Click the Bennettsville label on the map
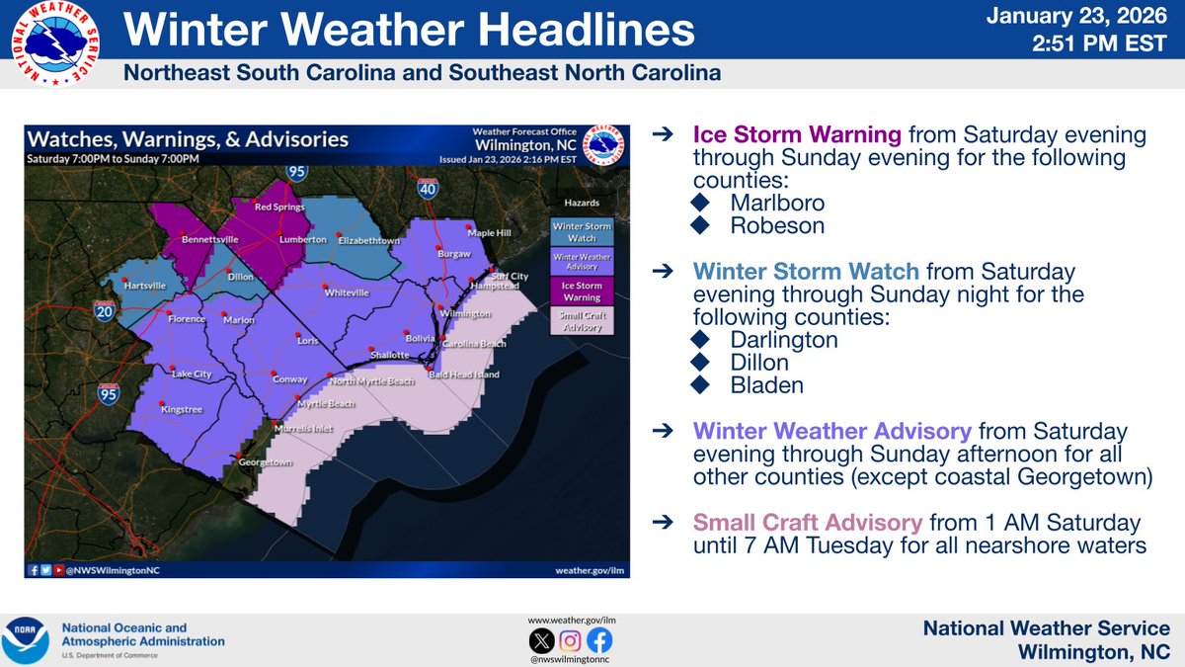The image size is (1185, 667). (x=211, y=240)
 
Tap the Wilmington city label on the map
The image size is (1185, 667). (x=465, y=314)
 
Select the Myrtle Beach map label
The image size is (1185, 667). (x=327, y=403)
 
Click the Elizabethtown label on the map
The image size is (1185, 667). (x=367, y=240)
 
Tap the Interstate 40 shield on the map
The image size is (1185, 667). (x=427, y=187)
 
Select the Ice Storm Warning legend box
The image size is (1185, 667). (x=582, y=291)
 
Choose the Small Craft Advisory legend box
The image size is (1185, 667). (x=582, y=320)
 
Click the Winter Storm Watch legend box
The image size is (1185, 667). (x=582, y=231)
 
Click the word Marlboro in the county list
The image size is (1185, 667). (x=777, y=202)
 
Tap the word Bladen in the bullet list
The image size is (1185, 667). (x=766, y=385)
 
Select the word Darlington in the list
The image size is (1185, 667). (x=784, y=340)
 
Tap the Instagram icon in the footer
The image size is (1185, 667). (x=570, y=639)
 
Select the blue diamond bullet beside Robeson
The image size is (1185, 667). (x=701, y=225)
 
